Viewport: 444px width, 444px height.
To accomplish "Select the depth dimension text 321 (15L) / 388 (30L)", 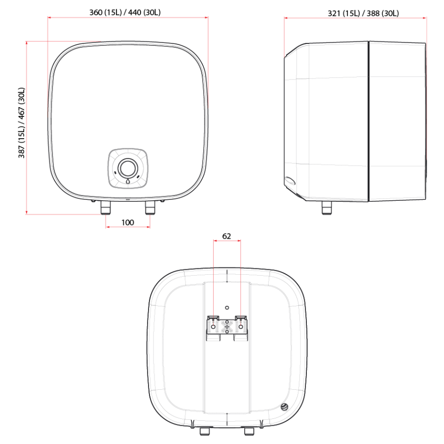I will [x=363, y=13].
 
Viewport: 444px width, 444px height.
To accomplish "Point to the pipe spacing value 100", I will [x=127, y=222].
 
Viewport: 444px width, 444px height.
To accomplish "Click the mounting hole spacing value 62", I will [x=226, y=236].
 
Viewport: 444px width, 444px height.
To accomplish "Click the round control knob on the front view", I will [x=128, y=168].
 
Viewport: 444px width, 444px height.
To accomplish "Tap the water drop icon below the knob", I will [x=128, y=181].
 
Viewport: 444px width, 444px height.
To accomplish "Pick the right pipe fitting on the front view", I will [x=149, y=209].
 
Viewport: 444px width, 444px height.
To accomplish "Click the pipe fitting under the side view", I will [x=327, y=208].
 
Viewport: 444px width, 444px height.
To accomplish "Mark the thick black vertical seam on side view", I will [x=369, y=121].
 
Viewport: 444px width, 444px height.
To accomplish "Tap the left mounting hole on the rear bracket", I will [x=213, y=327].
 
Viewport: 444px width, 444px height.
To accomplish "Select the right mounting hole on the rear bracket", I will [x=240, y=327].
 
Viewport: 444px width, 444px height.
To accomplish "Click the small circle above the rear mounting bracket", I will [x=226, y=308].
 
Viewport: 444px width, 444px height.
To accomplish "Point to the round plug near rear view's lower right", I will [x=284, y=407].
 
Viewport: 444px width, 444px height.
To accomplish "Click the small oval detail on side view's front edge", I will [x=291, y=181].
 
